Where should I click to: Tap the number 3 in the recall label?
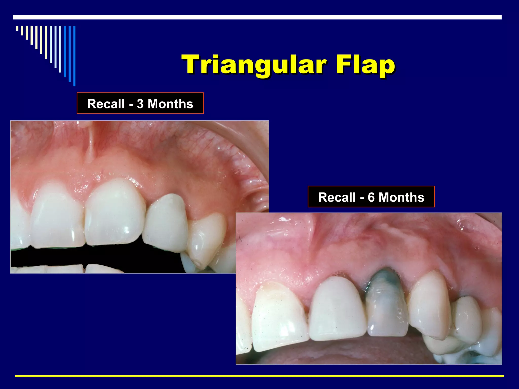[x=140, y=104]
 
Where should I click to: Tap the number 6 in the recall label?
[x=371, y=197]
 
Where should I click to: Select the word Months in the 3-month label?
[x=170, y=104]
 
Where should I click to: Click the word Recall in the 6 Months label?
[x=337, y=197]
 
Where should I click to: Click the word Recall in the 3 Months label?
[x=106, y=104]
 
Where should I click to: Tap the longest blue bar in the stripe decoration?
[x=74, y=56]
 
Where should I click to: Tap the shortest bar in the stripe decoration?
[x=17, y=28]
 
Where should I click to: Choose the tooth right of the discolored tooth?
[x=428, y=306]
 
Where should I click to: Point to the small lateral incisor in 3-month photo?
[x=166, y=223]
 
